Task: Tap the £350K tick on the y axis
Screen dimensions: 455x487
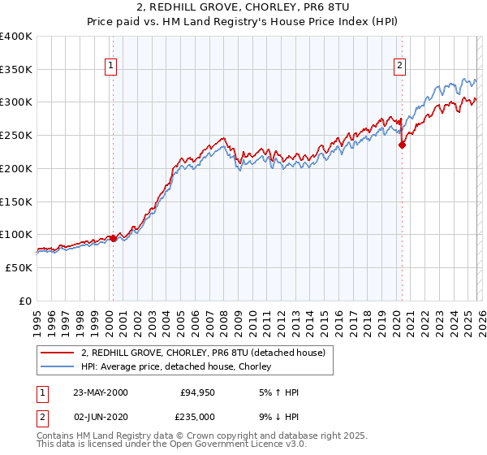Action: (x=16, y=69)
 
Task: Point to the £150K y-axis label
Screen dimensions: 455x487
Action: (x=16, y=201)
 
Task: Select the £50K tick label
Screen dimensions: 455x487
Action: (x=19, y=267)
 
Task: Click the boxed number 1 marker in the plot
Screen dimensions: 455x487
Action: (x=110, y=67)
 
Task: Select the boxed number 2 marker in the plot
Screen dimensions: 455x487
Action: (x=400, y=67)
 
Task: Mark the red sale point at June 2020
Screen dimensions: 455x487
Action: (x=402, y=145)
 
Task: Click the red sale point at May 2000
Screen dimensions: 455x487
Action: (x=114, y=238)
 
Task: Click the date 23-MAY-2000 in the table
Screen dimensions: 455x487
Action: (x=101, y=392)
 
